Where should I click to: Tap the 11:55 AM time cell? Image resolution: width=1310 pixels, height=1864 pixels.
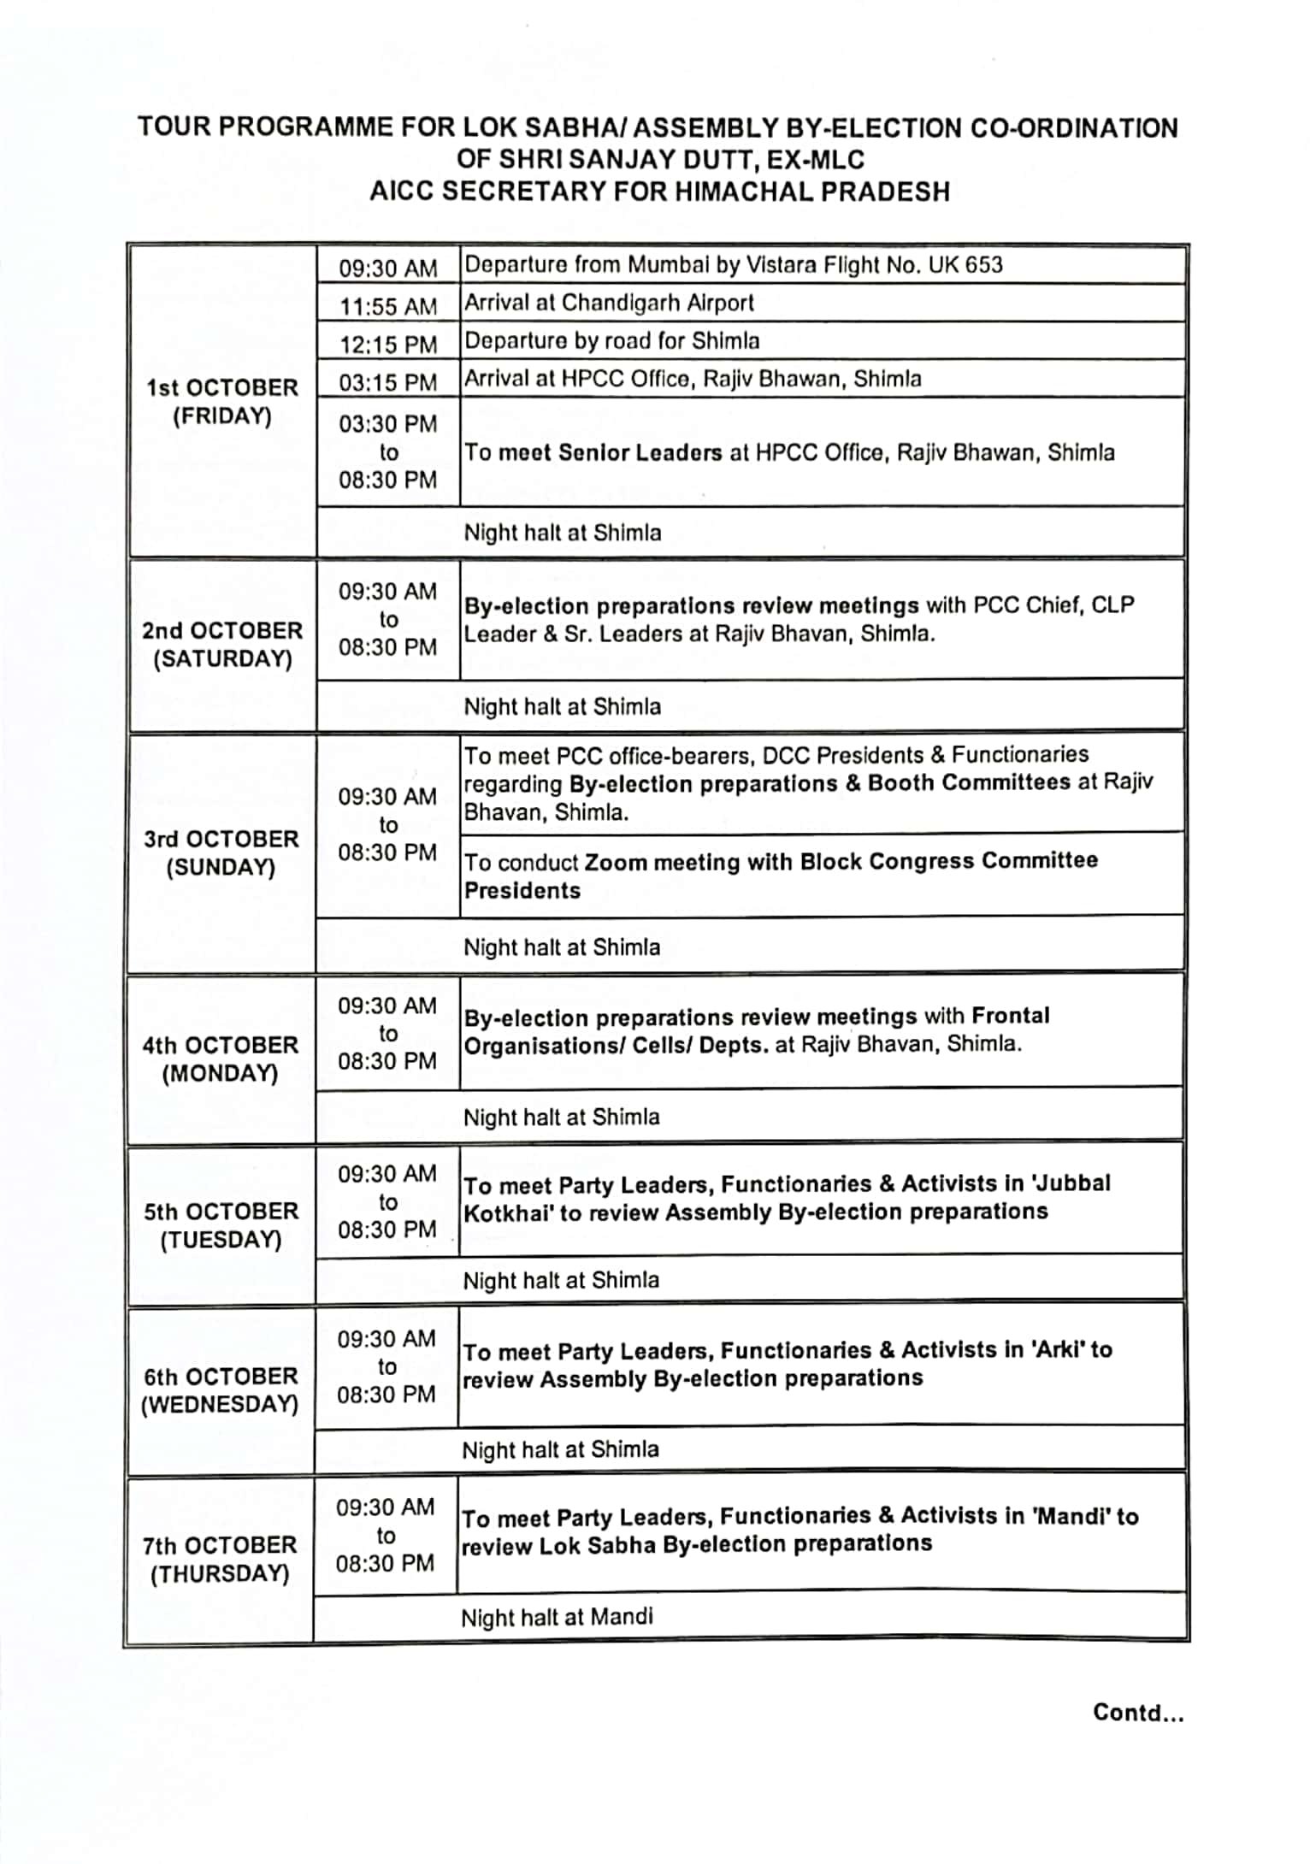(x=387, y=306)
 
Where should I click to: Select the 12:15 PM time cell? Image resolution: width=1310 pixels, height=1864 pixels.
(x=387, y=345)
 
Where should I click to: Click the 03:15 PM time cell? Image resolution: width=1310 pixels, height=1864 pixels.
(x=387, y=382)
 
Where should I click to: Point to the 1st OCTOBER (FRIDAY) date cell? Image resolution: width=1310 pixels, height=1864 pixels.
(x=222, y=402)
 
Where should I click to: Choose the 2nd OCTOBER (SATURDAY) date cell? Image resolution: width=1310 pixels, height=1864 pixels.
(x=222, y=645)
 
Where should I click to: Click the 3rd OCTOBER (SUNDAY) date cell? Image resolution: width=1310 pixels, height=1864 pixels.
(x=221, y=852)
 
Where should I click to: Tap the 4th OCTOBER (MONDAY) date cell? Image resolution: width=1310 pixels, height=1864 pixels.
(x=221, y=1059)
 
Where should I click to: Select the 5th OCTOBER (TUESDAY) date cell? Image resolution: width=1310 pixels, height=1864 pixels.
(x=221, y=1225)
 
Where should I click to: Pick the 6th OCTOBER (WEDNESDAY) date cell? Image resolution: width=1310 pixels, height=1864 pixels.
(x=220, y=1390)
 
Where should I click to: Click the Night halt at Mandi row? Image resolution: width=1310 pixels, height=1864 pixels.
(x=557, y=1617)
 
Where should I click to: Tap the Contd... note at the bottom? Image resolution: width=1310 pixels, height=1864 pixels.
(x=1138, y=1713)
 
